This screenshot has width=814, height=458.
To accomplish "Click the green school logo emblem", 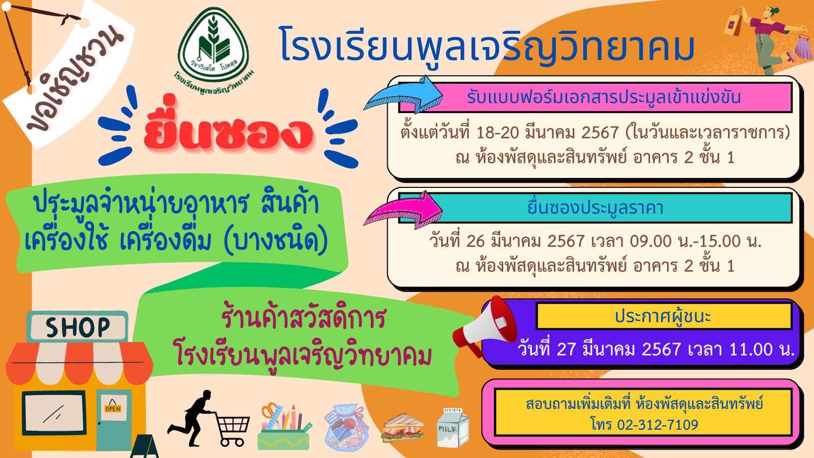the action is tap(213, 51).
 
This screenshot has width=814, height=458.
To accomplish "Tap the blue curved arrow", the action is tap(404, 95).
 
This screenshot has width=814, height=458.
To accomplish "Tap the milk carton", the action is tap(452, 428).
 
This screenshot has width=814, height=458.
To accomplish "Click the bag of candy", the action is tap(346, 427).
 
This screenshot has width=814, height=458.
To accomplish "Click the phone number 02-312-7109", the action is tap(658, 425).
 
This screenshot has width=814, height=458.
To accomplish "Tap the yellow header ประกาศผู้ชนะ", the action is tap(664, 316).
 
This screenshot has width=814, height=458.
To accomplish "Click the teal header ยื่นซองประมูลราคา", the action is tap(595, 208).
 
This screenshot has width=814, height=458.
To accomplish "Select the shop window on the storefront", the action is tap(55, 413).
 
